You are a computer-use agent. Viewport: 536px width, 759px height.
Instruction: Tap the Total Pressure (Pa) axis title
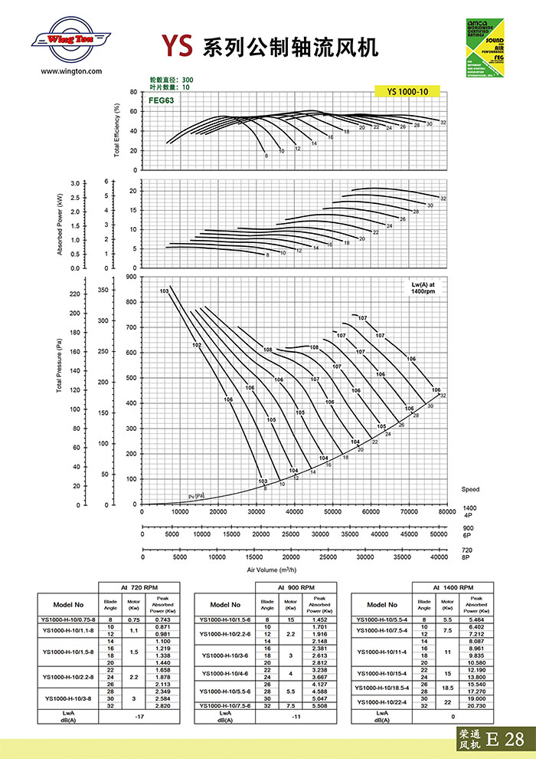(58, 368)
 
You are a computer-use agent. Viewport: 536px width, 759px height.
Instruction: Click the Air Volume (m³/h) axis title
(273, 570)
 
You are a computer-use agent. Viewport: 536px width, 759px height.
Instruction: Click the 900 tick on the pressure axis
(131, 277)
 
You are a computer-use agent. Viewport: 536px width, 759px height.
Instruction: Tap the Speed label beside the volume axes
(470, 489)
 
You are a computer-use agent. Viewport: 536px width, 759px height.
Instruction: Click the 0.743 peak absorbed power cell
(162, 619)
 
